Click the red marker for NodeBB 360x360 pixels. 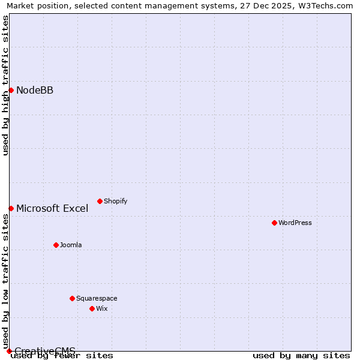[11, 90]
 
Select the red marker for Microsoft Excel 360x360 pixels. [11, 208]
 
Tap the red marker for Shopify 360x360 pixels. [100, 201]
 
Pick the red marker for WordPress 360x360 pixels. [274, 223]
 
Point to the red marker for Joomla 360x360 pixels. [56, 245]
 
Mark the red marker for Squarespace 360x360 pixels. [72, 298]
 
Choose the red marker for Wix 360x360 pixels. [92, 308]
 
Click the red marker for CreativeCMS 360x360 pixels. [9, 351]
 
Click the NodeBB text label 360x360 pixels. [35, 91]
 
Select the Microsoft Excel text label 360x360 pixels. [52, 209]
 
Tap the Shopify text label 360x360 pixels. [115, 201]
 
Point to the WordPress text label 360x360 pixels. [295, 223]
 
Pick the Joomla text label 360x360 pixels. [71, 245]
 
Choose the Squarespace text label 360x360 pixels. [97, 298]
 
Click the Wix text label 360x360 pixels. [102, 308]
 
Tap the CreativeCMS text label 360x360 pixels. [45, 351]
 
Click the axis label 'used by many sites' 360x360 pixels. [301, 356]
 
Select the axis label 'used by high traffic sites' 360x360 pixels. [5, 85]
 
